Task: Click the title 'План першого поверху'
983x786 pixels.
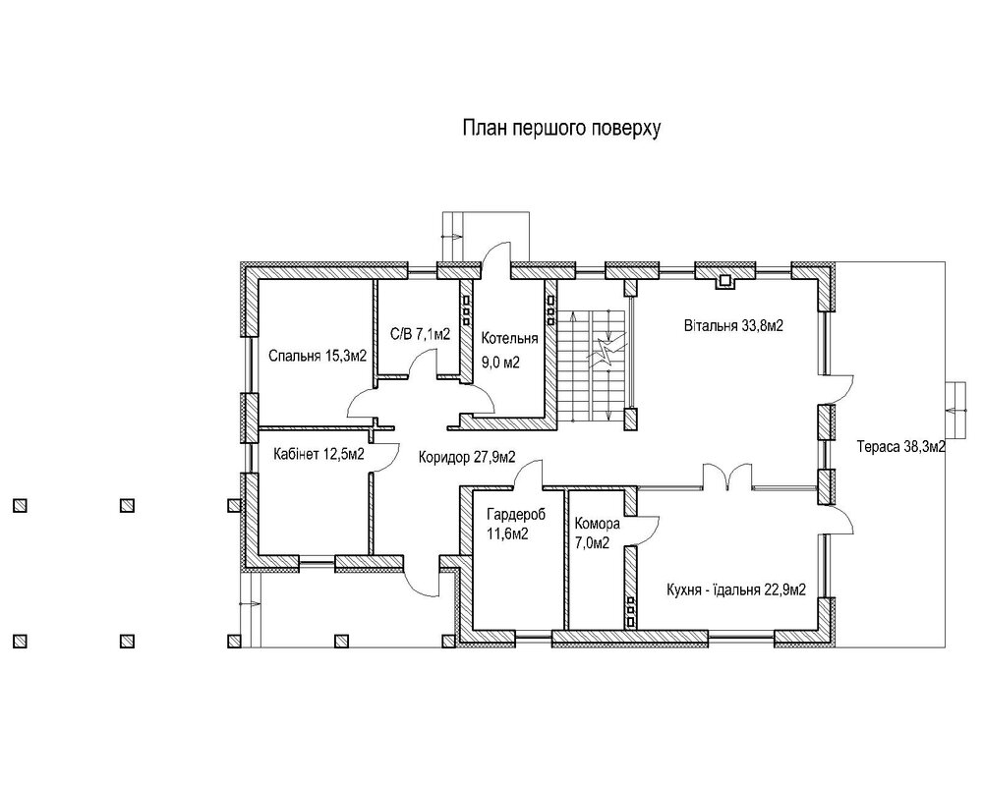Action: coord(561,129)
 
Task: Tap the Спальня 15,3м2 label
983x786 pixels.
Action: coord(318,356)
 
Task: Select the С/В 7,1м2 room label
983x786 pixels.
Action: coord(420,334)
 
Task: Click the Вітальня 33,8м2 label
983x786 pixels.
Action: coord(733,326)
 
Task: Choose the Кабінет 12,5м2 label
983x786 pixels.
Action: coord(319,454)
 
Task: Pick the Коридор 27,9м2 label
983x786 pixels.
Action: coord(467,458)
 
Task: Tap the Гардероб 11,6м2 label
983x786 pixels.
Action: coord(516,524)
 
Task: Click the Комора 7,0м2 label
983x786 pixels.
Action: coord(598,533)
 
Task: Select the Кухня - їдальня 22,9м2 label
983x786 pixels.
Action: coord(736,589)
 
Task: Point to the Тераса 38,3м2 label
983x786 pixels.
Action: coord(901,447)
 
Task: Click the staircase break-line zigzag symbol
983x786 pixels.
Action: coord(605,354)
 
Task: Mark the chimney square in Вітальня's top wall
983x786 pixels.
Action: coord(725,280)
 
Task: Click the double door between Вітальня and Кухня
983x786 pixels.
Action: coord(726,476)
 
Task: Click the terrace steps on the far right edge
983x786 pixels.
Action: coord(955,411)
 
